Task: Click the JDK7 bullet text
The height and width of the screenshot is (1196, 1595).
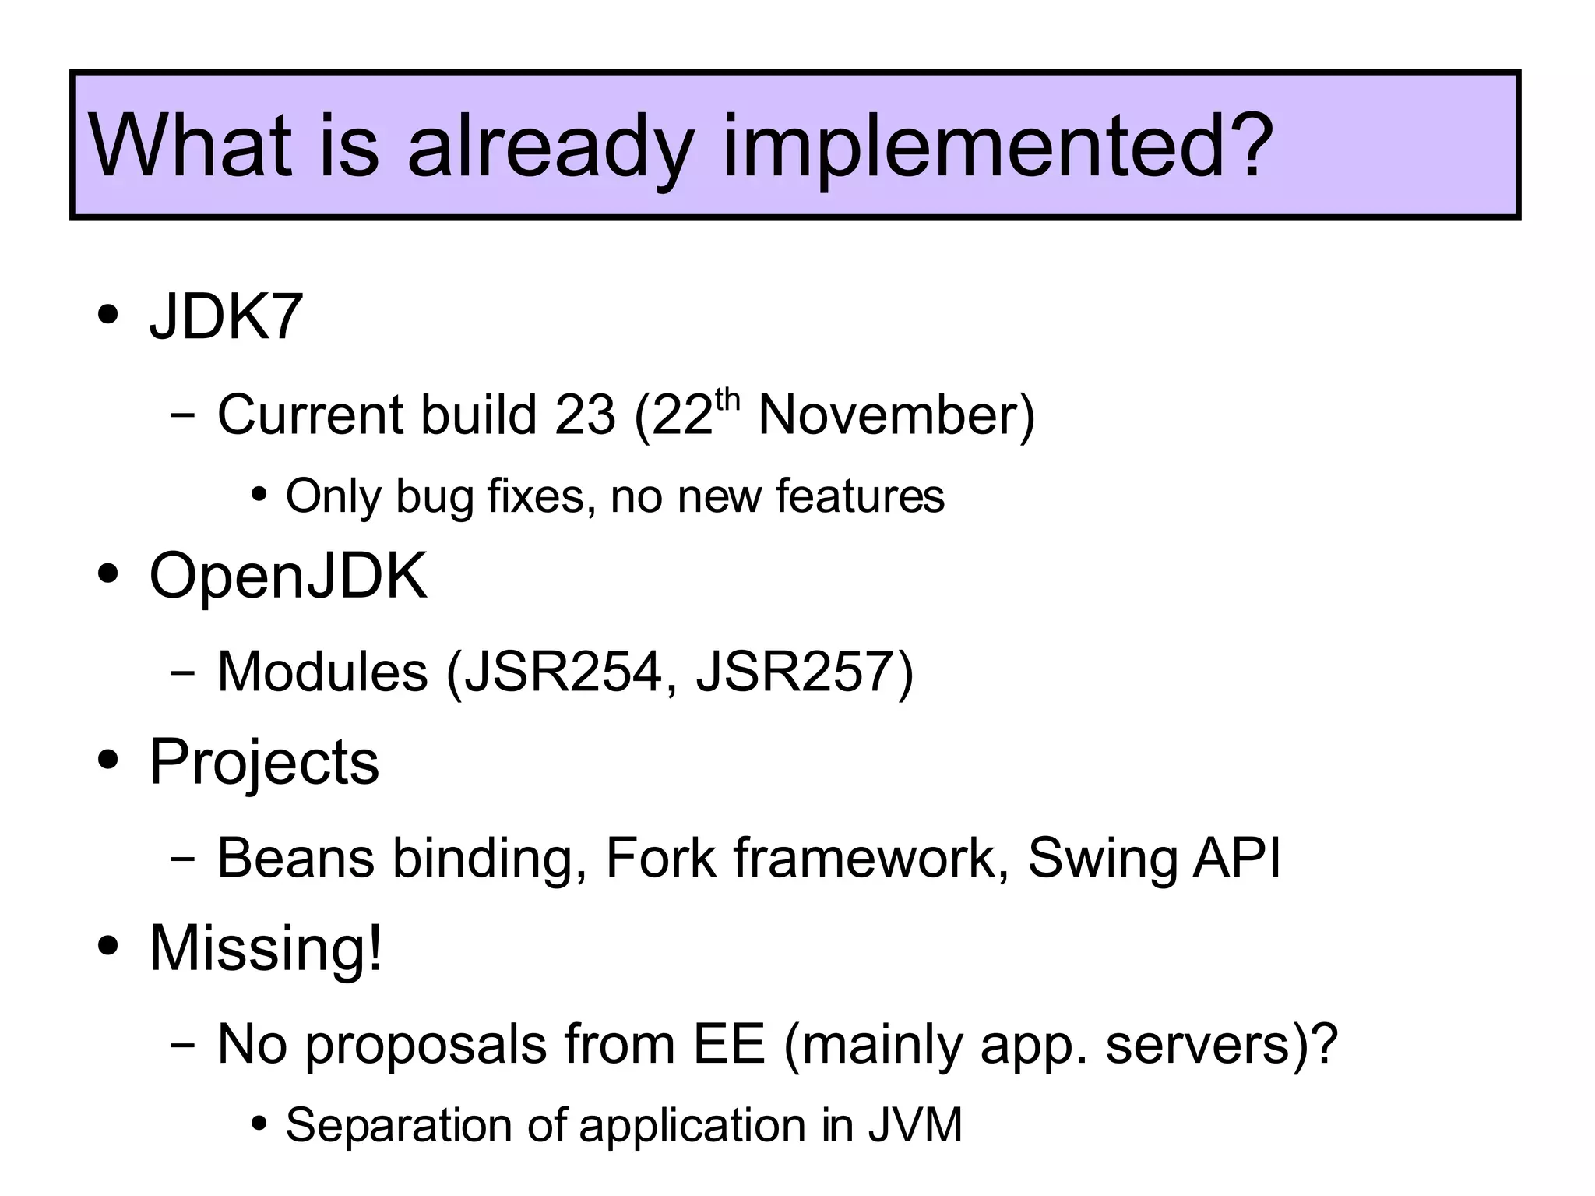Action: (x=226, y=317)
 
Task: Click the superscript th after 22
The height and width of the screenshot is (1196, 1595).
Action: (x=727, y=400)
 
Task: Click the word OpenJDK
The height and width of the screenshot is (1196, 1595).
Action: (x=288, y=577)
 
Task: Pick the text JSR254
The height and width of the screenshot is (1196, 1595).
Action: (x=562, y=672)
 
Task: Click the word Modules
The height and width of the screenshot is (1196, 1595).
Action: (x=322, y=672)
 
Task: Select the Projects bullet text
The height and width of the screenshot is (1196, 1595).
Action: (x=264, y=762)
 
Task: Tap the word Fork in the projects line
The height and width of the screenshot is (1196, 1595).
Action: (x=660, y=858)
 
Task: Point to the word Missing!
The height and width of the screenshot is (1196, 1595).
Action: (x=266, y=948)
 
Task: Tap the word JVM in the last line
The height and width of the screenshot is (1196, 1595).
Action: (x=915, y=1125)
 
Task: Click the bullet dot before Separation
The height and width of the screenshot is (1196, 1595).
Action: (x=260, y=1124)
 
